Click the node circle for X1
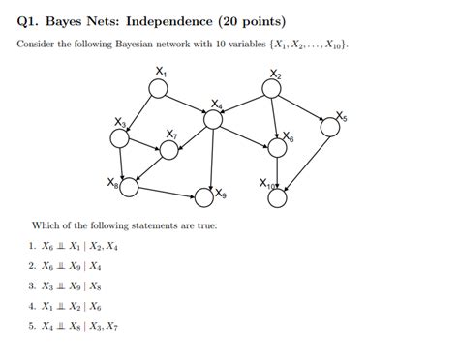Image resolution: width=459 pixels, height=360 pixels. pos(158,88)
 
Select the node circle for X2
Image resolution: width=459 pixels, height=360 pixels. pos(273,88)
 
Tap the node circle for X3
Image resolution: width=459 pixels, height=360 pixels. pos(120,137)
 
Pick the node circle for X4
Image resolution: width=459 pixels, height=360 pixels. pos(212,118)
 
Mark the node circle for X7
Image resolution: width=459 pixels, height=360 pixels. pos(169,149)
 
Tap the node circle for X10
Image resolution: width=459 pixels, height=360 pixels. pos(278,197)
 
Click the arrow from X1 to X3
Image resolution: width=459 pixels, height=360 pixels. pos(139,112)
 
